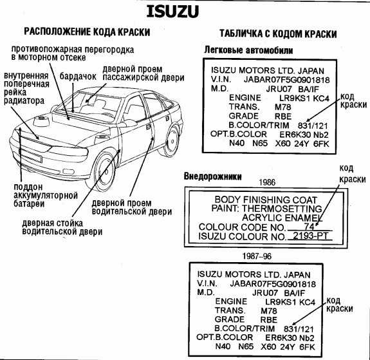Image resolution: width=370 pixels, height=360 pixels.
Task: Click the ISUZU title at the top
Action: (172, 12)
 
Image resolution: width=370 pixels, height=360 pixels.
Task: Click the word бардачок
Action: (78, 77)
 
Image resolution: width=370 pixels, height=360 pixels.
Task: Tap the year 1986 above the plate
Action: (267, 182)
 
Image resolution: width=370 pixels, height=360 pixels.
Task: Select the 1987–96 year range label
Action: (257, 256)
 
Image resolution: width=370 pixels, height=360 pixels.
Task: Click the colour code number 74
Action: (309, 227)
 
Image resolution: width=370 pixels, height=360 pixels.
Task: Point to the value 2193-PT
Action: (311, 236)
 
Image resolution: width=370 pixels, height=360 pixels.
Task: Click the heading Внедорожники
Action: (212, 176)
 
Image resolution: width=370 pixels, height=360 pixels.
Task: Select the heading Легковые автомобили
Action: (248, 50)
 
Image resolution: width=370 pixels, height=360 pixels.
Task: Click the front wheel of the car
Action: (104, 171)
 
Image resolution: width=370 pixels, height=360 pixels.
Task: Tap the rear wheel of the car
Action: (172, 142)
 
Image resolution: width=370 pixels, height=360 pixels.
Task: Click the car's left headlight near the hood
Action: (68, 151)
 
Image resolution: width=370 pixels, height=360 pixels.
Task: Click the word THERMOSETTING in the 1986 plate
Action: (282, 209)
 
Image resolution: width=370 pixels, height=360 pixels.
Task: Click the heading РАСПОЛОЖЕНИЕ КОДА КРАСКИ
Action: (87, 32)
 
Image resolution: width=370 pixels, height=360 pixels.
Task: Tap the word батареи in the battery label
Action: (29, 204)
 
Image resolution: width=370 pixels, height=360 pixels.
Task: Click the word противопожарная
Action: (46, 50)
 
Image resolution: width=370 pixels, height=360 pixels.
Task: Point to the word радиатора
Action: (24, 101)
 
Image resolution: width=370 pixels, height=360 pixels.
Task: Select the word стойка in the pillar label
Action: (69, 223)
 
